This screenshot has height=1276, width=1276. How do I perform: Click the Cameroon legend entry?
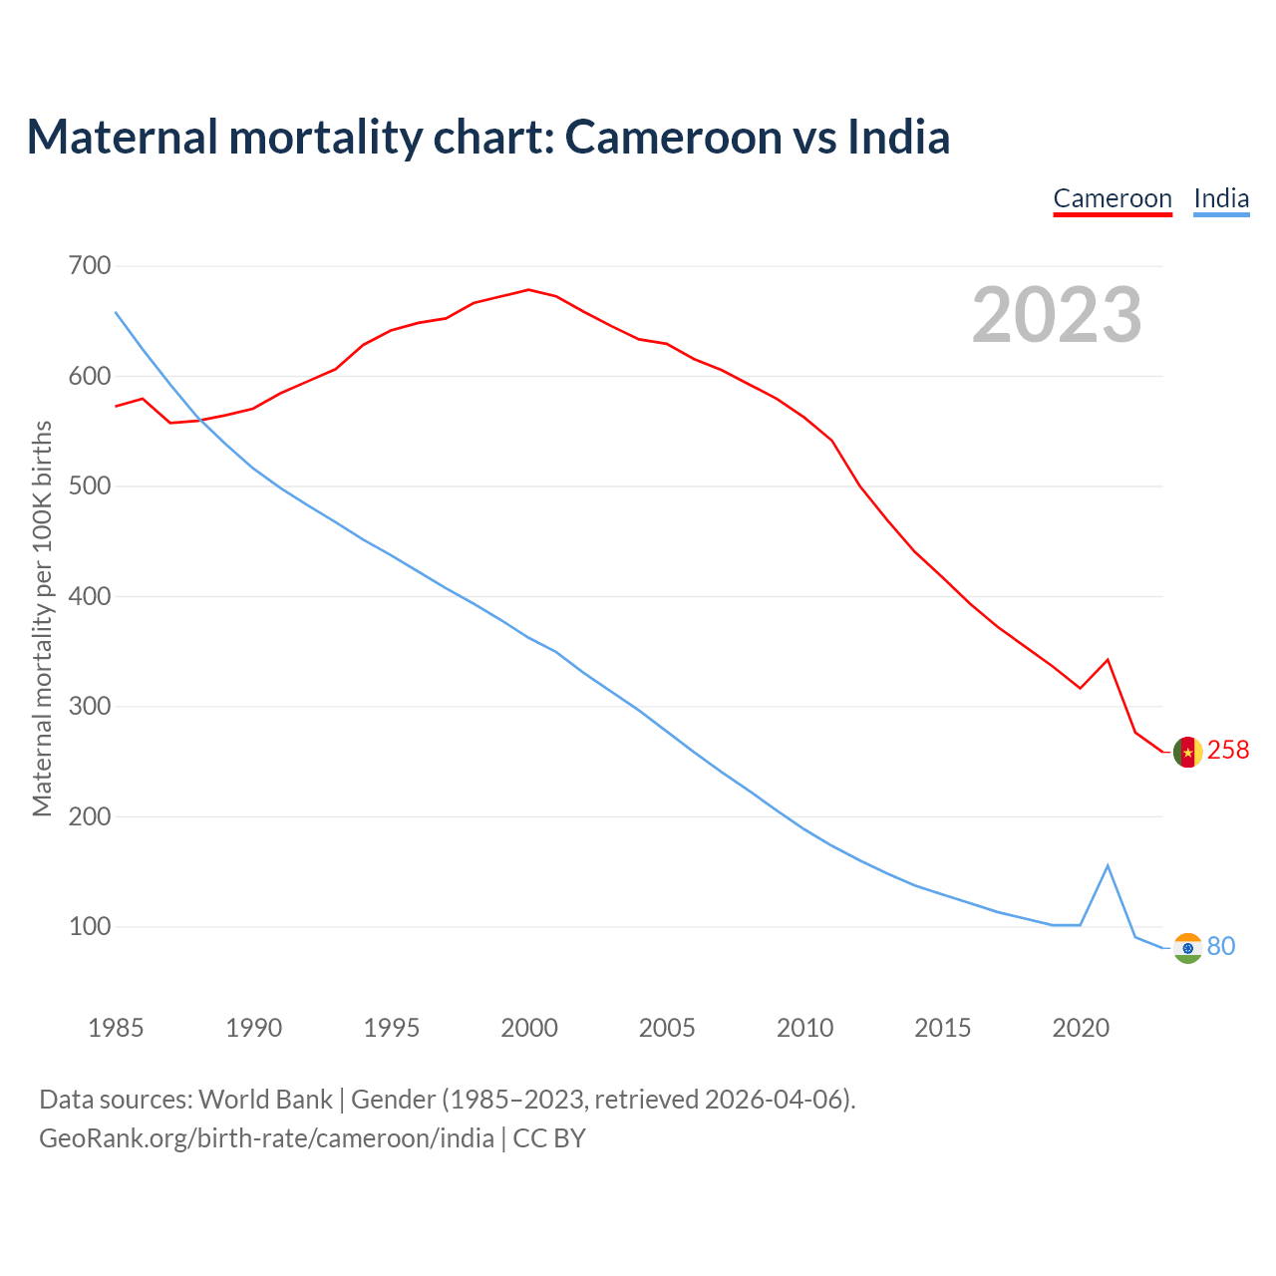coord(1113,198)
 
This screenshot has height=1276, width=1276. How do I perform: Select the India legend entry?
coord(1221,198)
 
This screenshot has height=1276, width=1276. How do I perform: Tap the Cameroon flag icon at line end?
coord(1187,752)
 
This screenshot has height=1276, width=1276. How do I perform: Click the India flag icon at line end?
coord(1187,948)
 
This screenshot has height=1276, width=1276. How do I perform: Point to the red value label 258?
coord(1228,750)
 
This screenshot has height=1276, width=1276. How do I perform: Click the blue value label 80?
coord(1221,946)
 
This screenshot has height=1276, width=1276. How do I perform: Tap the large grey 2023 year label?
coord(1057,315)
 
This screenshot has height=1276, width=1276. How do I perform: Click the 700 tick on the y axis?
coord(90,266)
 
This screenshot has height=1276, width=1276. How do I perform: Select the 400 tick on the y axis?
coord(90,596)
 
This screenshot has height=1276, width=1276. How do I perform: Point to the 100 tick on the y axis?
coord(90,926)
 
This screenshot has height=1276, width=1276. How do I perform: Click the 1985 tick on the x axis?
coord(116,1028)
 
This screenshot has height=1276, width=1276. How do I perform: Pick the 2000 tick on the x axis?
coord(529,1028)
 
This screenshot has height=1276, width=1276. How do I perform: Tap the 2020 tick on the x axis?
coord(1081,1028)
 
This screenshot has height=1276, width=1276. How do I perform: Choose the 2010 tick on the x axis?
coord(804,1028)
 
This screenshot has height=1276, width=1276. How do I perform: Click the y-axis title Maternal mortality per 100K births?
coord(42,618)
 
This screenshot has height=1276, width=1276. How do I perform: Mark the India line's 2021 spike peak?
coord(1108,865)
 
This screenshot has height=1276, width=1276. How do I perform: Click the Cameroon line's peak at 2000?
coord(528,290)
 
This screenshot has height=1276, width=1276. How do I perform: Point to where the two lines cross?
coord(200,420)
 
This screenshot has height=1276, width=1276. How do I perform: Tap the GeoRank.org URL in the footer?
coord(266,1137)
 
